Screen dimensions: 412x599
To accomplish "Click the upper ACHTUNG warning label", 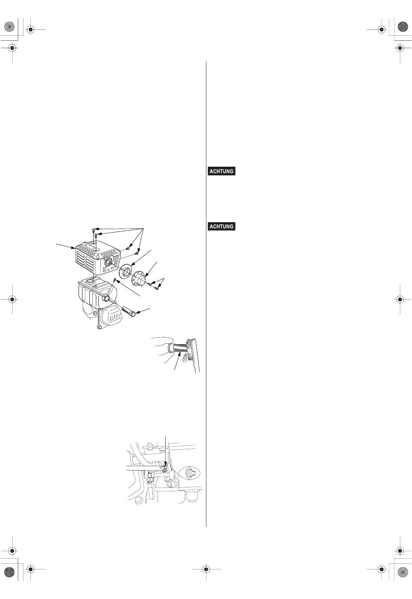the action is [x=221, y=171].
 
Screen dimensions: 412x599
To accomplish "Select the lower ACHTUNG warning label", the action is [x=221, y=226].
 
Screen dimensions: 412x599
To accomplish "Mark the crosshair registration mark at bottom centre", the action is [x=206, y=569].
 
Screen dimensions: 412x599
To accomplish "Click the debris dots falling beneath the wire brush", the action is [x=185, y=359].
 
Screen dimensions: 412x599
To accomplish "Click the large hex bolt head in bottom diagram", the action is [x=166, y=471].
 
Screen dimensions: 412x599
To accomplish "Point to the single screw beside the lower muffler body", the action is [x=114, y=281].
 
